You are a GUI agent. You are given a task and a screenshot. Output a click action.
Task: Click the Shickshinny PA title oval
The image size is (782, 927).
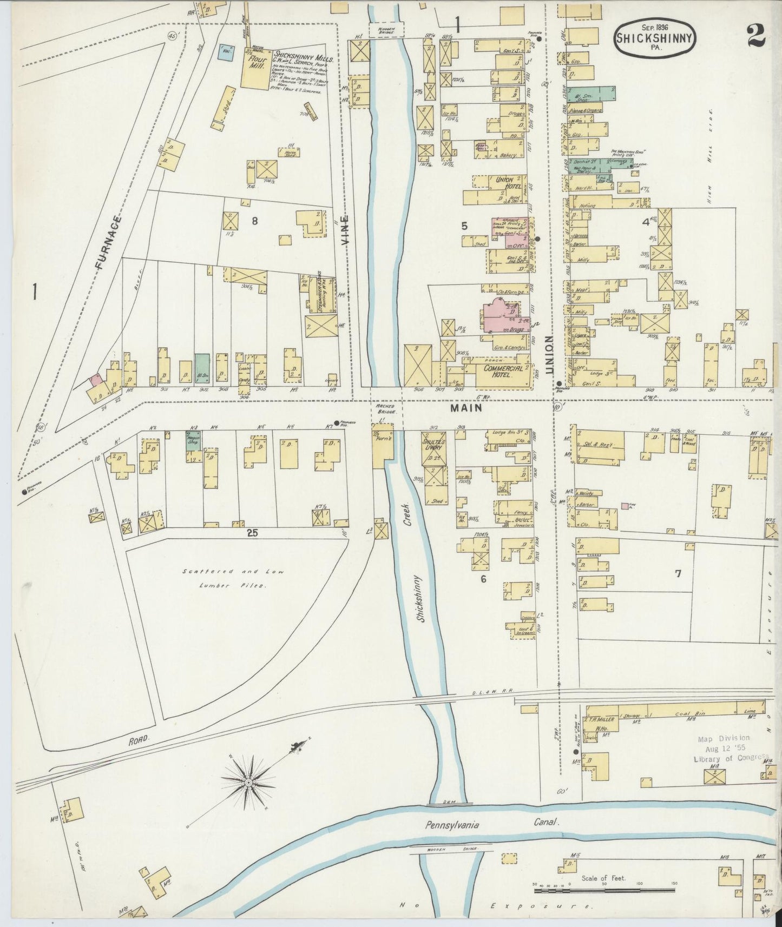[655, 36]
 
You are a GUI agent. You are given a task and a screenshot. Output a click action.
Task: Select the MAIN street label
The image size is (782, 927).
[466, 409]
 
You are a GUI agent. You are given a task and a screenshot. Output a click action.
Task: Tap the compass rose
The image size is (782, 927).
[248, 782]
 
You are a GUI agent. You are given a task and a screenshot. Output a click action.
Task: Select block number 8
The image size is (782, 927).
[254, 220]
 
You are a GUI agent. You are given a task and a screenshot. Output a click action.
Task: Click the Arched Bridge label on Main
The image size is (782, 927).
[385, 409]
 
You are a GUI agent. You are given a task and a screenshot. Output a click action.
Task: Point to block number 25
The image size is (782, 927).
[252, 533]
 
